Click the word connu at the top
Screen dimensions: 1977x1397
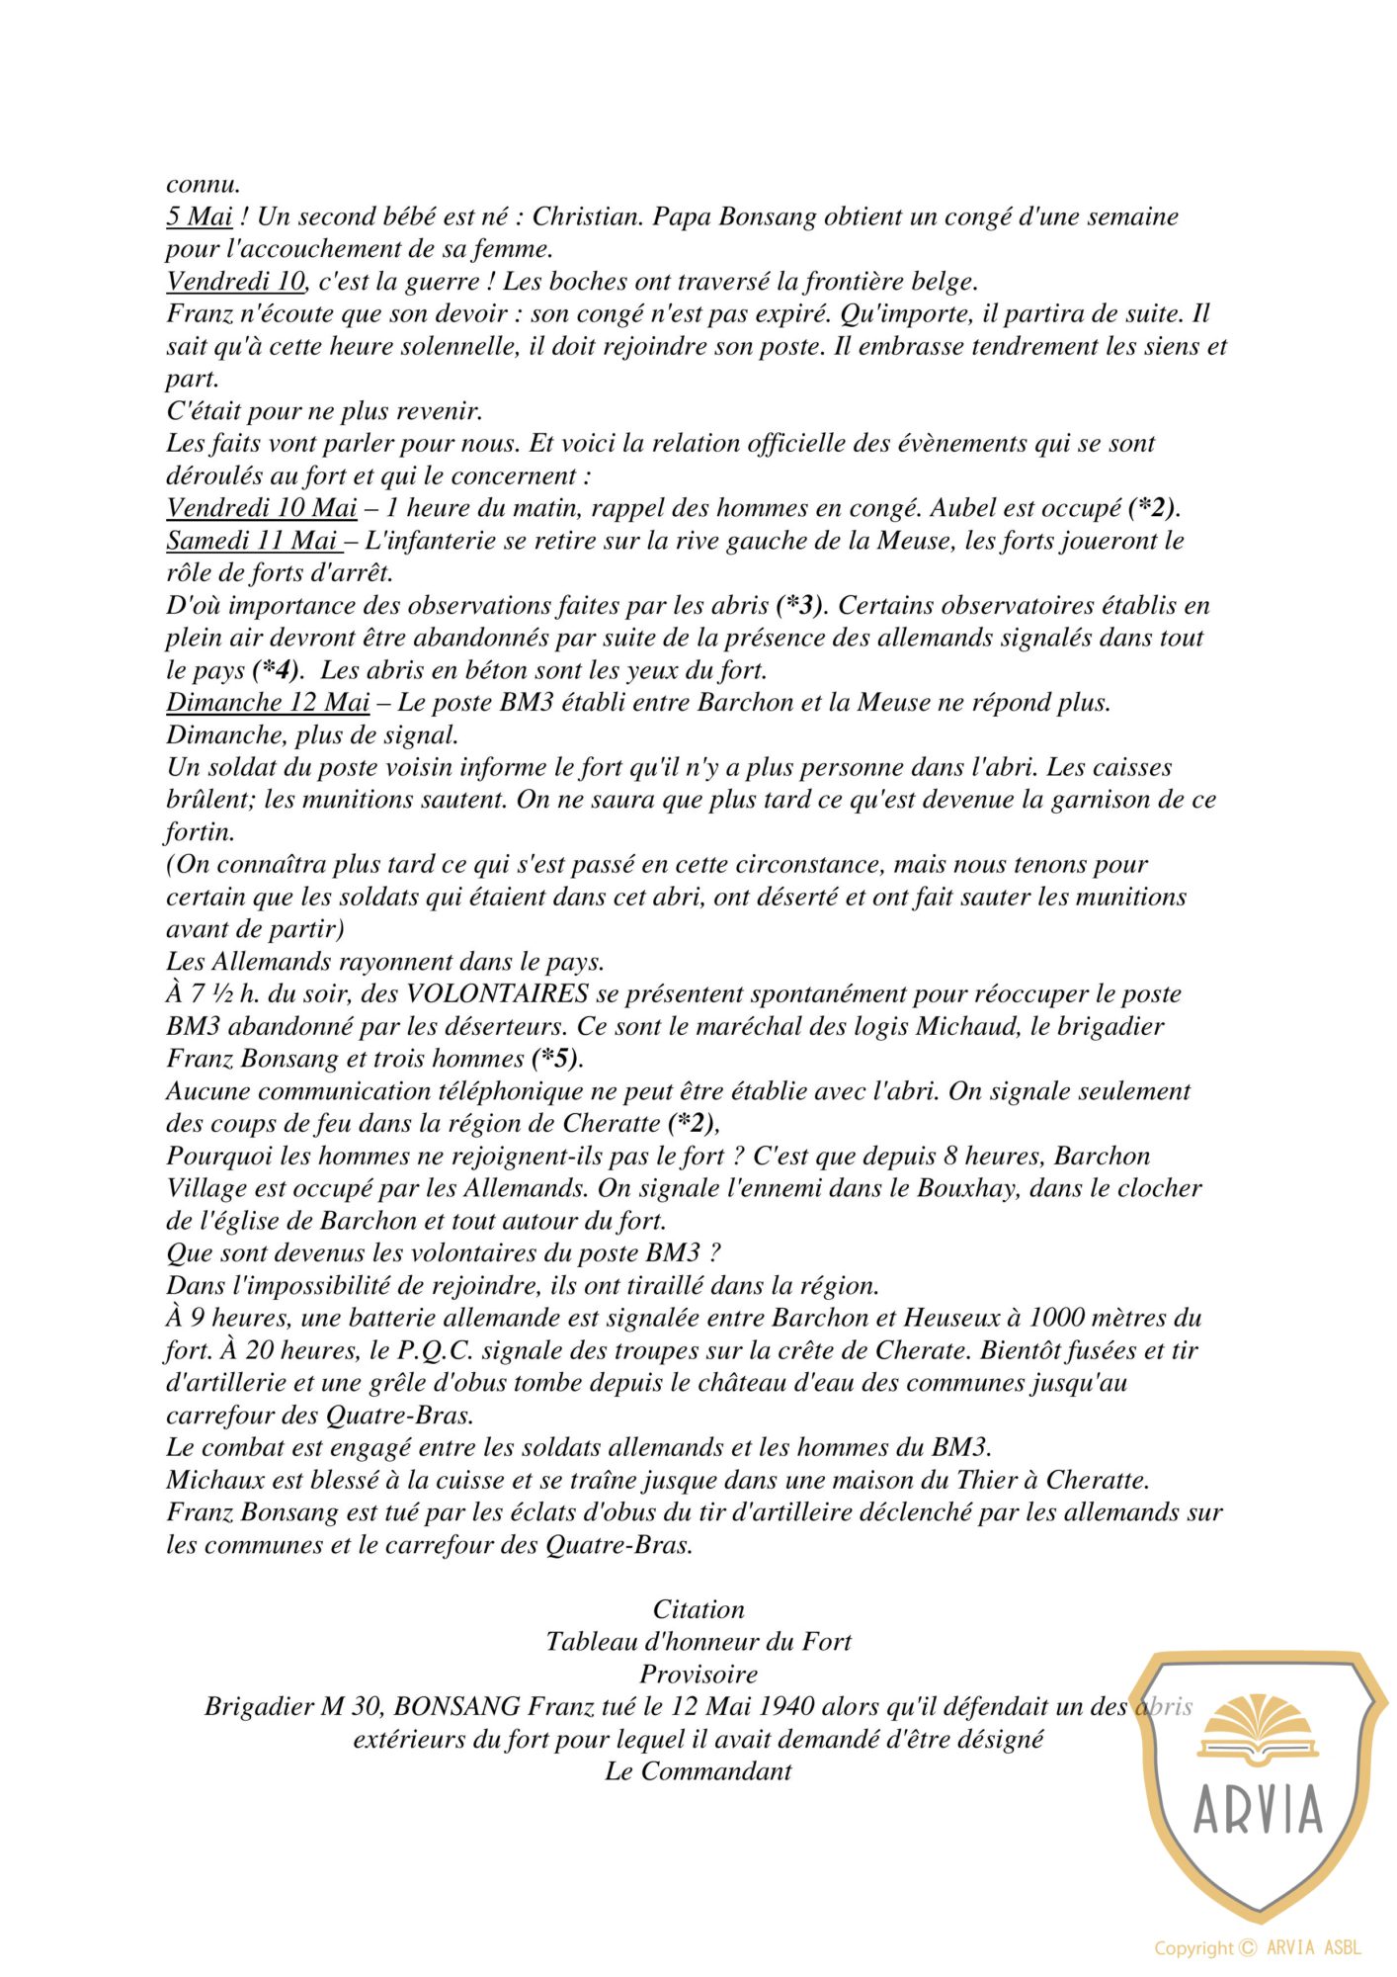click(x=203, y=184)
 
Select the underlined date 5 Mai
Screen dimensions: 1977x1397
click(x=199, y=216)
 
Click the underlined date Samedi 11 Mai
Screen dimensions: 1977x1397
click(x=252, y=541)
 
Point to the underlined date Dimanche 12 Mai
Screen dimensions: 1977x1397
click(x=268, y=703)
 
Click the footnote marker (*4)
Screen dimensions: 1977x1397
click(x=277, y=670)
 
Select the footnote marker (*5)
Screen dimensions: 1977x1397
click(x=557, y=1059)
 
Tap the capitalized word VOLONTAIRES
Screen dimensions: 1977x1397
click(x=498, y=993)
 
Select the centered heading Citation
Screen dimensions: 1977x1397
click(x=698, y=1609)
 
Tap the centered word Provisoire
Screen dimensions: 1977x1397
click(x=698, y=1675)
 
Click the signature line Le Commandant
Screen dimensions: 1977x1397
click(x=698, y=1771)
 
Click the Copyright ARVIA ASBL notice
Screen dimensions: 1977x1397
click(x=1258, y=1947)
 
